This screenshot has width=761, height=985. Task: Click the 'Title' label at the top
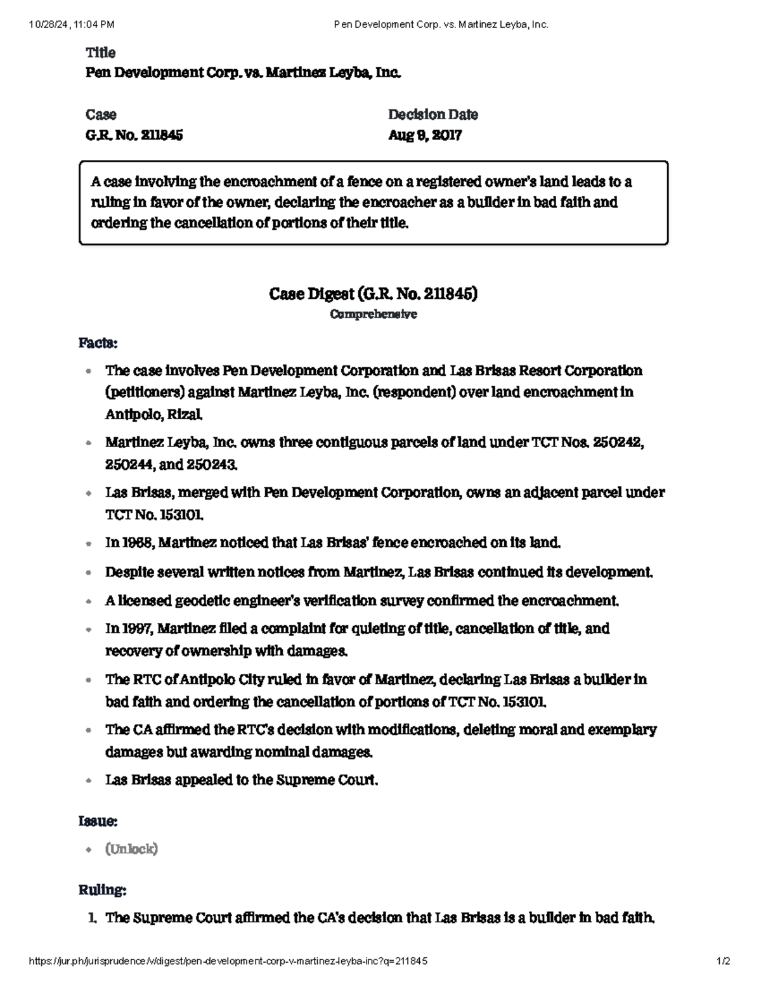pyautogui.click(x=100, y=53)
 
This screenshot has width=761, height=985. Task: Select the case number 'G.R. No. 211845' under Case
pyautogui.click(x=134, y=135)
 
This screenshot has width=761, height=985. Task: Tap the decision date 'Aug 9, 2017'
pyautogui.click(x=424, y=135)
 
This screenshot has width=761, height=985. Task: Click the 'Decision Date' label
pyautogui.click(x=433, y=115)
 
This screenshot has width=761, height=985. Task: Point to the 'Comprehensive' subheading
pyautogui.click(x=374, y=315)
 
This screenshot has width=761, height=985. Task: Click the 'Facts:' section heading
pyautogui.click(x=98, y=343)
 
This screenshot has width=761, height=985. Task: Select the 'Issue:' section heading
pyautogui.click(x=98, y=821)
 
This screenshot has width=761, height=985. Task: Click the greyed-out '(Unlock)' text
pyautogui.click(x=131, y=849)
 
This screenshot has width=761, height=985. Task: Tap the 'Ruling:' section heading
pyautogui.click(x=102, y=890)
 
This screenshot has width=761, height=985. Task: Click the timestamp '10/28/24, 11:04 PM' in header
pyautogui.click(x=72, y=25)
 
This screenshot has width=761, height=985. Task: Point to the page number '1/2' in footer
pyautogui.click(x=723, y=961)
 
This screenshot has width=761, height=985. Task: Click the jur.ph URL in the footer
pyautogui.click(x=228, y=961)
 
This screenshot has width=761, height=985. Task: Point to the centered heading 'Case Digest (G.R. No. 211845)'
pyautogui.click(x=373, y=294)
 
